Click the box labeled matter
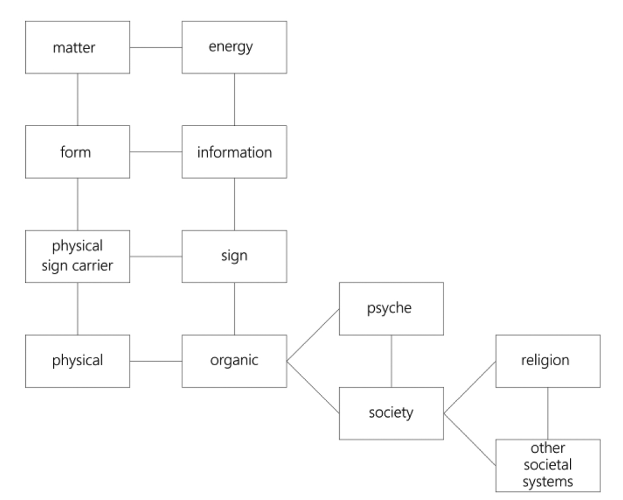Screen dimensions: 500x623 coord(77,47)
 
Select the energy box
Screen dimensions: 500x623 coord(234,47)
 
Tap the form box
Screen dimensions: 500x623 coord(77,152)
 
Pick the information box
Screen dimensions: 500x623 coord(234,152)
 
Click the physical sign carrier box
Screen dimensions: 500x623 coord(77,256)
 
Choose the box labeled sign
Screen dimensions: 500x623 coord(234,256)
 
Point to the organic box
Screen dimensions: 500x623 coord(234,361)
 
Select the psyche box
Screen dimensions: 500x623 coord(391,309)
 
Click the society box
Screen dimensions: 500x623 coord(391,413)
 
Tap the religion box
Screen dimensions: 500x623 coord(548,361)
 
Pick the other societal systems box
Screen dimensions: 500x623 coord(548,465)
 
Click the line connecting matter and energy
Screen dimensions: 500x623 coord(156,47)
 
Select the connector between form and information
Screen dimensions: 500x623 coord(156,152)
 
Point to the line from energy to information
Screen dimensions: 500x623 coord(235,99)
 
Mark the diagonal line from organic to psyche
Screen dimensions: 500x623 coord(313,335)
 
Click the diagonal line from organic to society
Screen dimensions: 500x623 coord(313,387)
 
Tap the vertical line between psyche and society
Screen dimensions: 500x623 coord(392,361)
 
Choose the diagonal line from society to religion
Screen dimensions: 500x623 coord(469,388)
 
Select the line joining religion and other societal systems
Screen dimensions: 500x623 coord(548,413)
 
